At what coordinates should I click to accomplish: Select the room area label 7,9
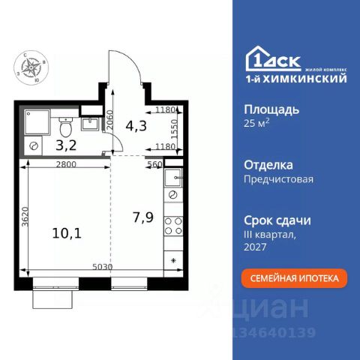[142, 218]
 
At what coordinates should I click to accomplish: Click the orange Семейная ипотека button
[295, 277]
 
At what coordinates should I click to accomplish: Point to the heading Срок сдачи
[278, 220]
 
